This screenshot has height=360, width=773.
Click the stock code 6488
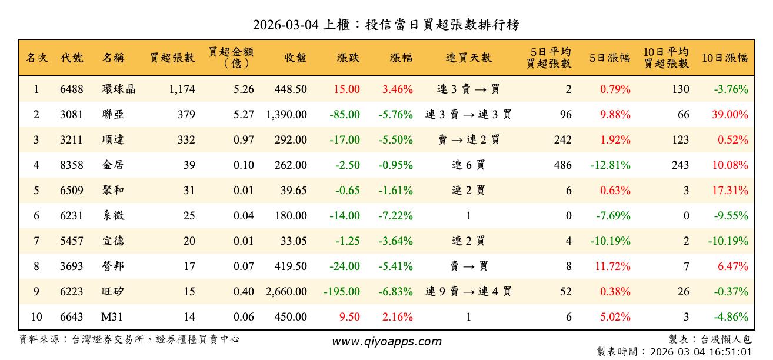[x=72, y=89]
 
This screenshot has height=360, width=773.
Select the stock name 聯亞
[x=113, y=115]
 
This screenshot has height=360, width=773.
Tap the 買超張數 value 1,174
[x=181, y=89]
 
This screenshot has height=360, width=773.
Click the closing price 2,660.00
[x=286, y=292]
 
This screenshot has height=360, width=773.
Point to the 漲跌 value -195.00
[x=342, y=292]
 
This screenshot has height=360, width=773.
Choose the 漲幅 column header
[x=401, y=58]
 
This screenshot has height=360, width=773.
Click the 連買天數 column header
[x=468, y=58]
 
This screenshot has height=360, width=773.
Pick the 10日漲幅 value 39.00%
[x=730, y=115]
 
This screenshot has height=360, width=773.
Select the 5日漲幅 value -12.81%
[x=611, y=165]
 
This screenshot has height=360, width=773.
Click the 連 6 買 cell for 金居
[x=468, y=165]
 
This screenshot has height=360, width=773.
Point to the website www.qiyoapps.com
[x=386, y=342]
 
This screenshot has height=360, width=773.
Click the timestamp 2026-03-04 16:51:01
[x=701, y=352]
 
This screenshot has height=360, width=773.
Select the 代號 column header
[x=72, y=58]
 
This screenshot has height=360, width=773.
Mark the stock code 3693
[x=72, y=266]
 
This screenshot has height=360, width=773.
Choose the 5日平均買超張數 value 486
[x=562, y=165]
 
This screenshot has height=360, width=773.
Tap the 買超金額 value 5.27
[x=244, y=115]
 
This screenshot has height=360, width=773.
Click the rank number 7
[x=36, y=241]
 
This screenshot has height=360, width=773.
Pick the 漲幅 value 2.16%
[x=398, y=317]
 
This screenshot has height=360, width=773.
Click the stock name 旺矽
[x=113, y=292]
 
